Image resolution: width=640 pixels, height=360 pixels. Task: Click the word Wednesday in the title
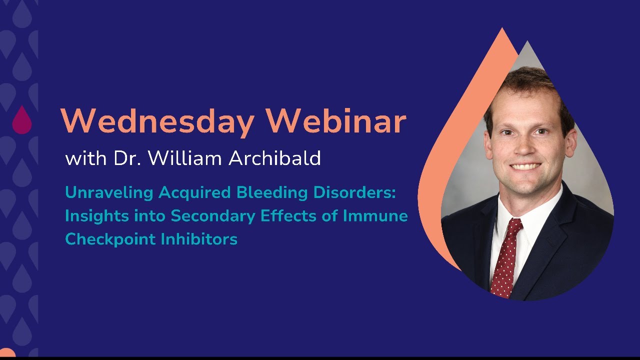[157, 122]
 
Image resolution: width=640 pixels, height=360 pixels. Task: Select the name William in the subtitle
[185, 157]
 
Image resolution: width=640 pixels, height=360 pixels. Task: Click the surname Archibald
[275, 157]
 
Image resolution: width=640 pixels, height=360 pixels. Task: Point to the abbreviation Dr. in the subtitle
[127, 157]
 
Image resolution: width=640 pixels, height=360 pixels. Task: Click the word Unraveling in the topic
[109, 193]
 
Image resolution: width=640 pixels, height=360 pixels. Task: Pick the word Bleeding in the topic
[271, 192]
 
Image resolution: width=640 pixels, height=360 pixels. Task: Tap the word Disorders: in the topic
[354, 192]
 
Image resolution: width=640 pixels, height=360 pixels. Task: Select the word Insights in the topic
[97, 216]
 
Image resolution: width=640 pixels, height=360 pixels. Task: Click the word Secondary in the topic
[213, 216]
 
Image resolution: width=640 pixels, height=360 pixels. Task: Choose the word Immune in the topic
[375, 215]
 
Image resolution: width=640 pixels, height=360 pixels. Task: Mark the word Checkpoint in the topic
[110, 239]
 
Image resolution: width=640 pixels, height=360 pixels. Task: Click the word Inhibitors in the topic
[199, 239]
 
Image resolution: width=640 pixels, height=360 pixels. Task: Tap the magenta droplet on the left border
[22, 120]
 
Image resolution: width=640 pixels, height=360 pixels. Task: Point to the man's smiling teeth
[525, 166]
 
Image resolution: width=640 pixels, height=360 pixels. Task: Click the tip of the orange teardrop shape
[502, 27]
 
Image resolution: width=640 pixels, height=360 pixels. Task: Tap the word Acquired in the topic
[194, 193]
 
